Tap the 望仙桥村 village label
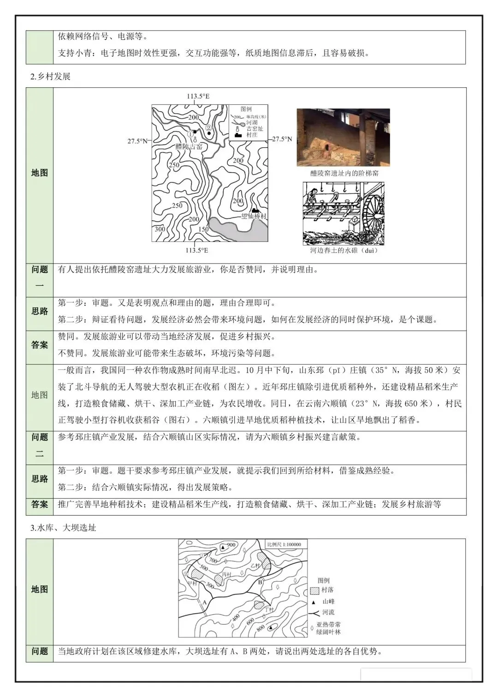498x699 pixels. point(254,216)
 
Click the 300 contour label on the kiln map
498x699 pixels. point(160,229)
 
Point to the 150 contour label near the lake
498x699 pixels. point(203,229)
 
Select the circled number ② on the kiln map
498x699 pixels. point(208,128)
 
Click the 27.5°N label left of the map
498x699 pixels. point(137,141)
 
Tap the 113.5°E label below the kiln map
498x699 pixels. point(196,250)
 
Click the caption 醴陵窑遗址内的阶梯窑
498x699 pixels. point(344,173)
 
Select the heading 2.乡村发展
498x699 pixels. point(50,76)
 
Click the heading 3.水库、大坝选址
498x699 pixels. point(63,527)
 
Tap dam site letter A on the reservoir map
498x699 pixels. point(204,603)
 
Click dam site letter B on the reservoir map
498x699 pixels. point(260,582)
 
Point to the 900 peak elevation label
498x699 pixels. point(231,545)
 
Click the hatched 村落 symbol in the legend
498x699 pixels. point(315,590)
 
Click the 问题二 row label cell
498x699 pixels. point(40,445)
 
